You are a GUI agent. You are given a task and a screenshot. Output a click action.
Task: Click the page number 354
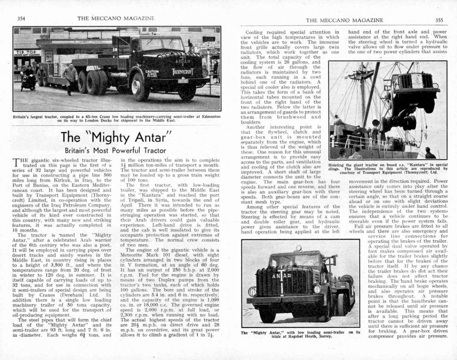[x=21, y=18]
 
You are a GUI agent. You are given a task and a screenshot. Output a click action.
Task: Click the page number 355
[x=439, y=20]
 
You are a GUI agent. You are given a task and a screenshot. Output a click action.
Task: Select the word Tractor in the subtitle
[x=152, y=151]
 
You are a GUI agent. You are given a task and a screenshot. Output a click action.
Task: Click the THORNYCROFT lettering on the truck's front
[x=183, y=72]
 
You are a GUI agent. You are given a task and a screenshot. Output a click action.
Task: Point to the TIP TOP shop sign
[x=26, y=53]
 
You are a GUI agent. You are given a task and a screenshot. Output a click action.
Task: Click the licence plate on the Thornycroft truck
[x=183, y=81]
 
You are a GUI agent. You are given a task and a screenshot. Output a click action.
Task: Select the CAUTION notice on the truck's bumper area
[x=152, y=73]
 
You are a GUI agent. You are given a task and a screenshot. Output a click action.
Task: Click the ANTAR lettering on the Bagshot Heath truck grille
[x=282, y=276]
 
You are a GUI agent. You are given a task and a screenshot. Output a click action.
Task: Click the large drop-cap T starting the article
[x=16, y=162]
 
